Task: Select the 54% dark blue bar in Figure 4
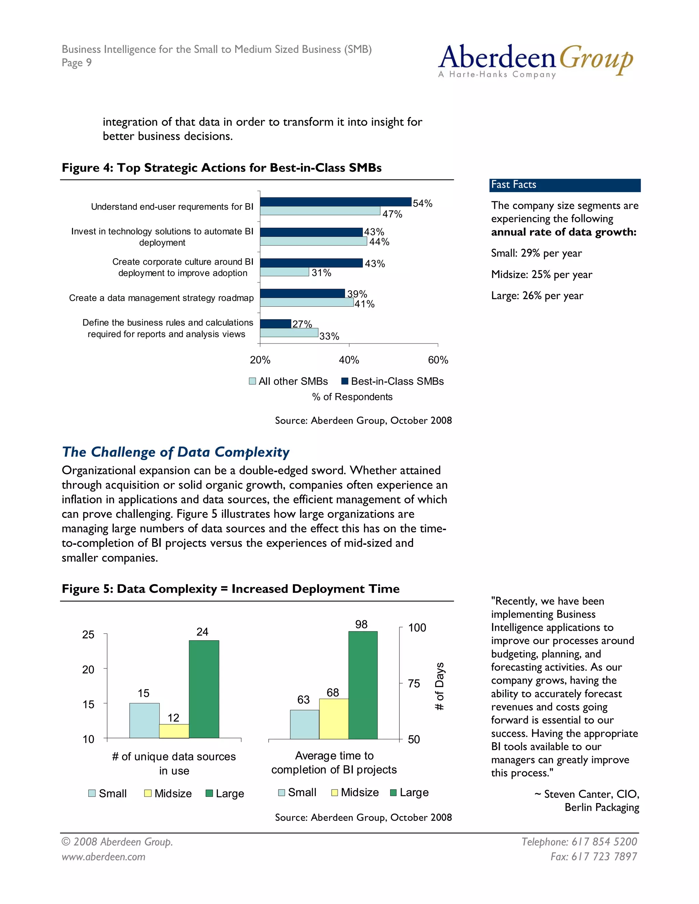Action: click(x=336, y=202)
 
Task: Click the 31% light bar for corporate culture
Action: click(x=285, y=272)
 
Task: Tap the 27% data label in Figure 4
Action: click(x=302, y=324)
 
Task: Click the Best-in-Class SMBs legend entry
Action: click(x=392, y=381)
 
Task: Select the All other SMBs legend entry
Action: click(x=289, y=381)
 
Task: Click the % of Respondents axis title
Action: click(x=352, y=397)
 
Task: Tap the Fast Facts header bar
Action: click(x=565, y=185)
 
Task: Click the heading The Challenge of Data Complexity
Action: click(x=175, y=452)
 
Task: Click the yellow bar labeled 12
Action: click(x=174, y=731)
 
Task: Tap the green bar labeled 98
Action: click(x=363, y=685)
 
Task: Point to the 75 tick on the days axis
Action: click(x=414, y=683)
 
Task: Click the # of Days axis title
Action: click(x=439, y=686)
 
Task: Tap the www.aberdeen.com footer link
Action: click(x=103, y=857)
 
